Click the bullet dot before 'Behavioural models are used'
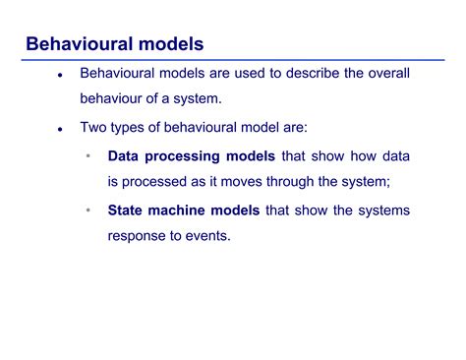coord(60,76)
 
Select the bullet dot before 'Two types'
coord(60,130)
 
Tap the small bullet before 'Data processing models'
coord(87,156)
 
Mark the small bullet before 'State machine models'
coord(87,210)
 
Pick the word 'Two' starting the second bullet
coord(94,128)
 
